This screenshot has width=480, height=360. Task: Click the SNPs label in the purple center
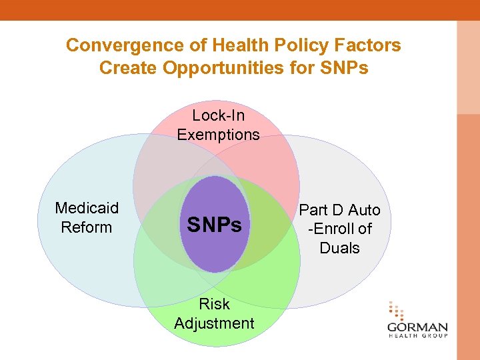tap(214, 225)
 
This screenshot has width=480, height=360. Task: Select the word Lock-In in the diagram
tap(218, 115)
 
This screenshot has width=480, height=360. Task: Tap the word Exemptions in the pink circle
tap(218, 134)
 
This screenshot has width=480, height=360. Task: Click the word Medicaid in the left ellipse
tap(87, 208)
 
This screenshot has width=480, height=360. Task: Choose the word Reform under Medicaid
tap(87, 227)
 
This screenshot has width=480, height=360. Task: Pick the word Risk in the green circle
tap(214, 304)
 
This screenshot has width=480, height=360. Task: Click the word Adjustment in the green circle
tap(214, 323)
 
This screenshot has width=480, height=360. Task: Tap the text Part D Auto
tap(339, 210)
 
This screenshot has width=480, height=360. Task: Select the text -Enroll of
tap(339, 229)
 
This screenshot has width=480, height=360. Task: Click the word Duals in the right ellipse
tap(339, 248)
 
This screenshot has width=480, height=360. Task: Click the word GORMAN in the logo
tap(417, 328)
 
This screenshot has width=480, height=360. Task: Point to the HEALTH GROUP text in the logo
tap(417, 337)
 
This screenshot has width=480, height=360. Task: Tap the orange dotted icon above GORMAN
tap(396, 311)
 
